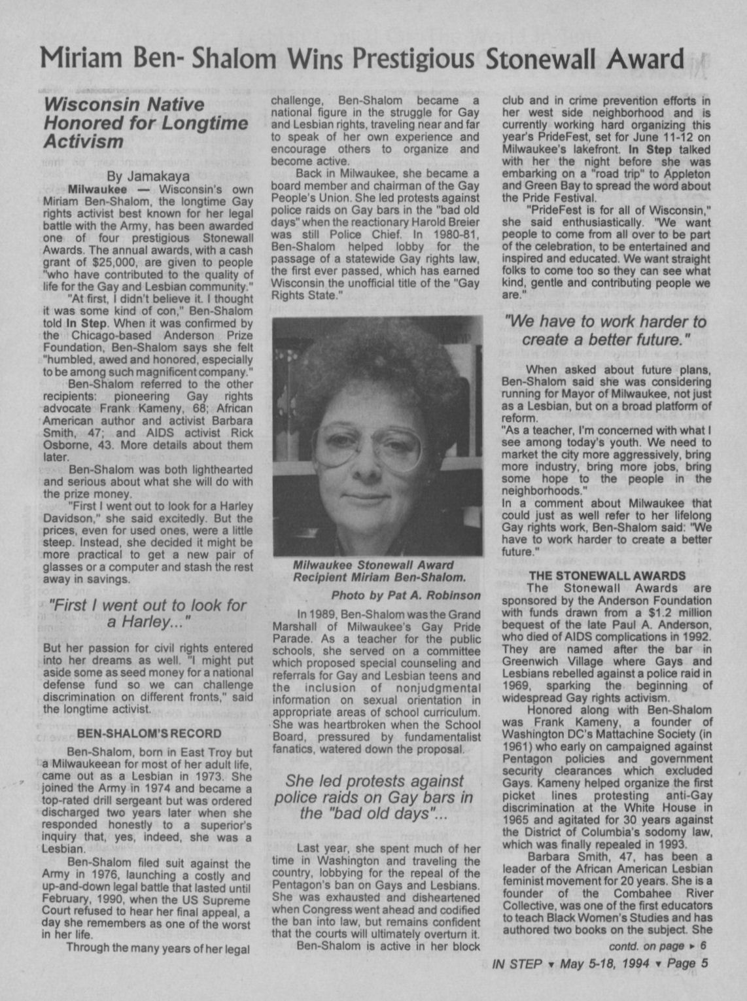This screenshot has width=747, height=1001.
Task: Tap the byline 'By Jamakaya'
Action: click(x=148, y=176)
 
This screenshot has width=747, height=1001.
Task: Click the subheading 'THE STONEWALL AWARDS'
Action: click(x=606, y=576)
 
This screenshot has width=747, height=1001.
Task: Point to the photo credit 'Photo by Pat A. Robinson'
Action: click(x=406, y=595)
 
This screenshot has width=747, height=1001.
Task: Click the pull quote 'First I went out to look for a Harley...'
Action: click(x=148, y=614)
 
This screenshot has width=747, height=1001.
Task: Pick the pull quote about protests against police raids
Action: click(x=375, y=797)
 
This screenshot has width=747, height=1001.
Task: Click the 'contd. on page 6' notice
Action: click(x=657, y=946)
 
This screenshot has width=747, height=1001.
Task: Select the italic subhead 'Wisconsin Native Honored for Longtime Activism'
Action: click(x=124, y=122)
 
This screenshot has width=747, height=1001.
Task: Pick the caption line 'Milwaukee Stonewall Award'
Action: click(x=373, y=565)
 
